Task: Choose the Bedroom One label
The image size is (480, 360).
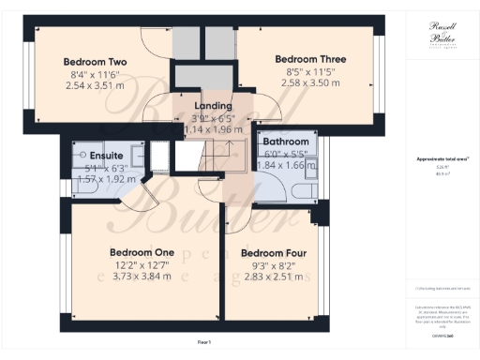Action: pyautogui.click(x=142, y=252)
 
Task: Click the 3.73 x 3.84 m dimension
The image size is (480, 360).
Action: pyautogui.click(x=142, y=277)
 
